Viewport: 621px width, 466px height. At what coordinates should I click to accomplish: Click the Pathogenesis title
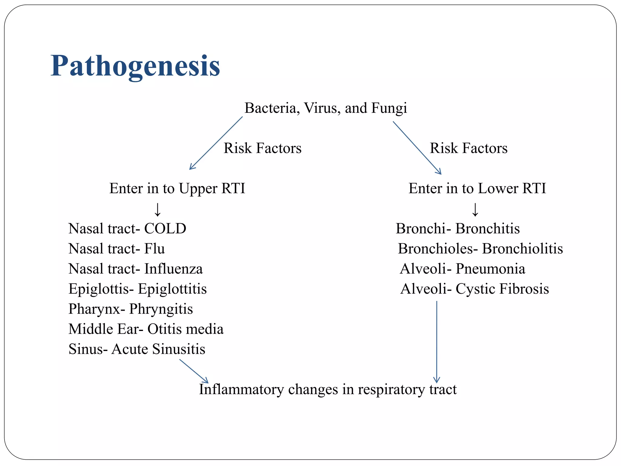tap(135, 66)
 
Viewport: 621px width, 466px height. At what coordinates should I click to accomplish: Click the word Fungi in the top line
tap(389, 108)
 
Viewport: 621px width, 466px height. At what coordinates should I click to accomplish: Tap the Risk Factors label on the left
tap(263, 148)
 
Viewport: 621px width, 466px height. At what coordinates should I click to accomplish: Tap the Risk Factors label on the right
tap(468, 148)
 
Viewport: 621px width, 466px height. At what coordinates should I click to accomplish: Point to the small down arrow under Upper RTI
tap(157, 209)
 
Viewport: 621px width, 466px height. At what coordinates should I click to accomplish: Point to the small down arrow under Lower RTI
tap(475, 209)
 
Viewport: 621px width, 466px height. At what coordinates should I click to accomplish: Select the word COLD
tap(165, 229)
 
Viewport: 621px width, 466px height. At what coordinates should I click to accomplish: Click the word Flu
tap(154, 249)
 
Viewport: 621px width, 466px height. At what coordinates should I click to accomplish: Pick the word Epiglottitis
tap(172, 289)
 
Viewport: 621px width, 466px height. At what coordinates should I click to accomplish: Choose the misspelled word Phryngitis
tap(161, 309)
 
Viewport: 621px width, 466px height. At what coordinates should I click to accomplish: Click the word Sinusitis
tap(179, 349)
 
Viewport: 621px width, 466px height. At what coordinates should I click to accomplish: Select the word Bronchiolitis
tap(522, 249)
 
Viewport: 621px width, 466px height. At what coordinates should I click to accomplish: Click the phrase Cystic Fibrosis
tap(502, 289)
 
